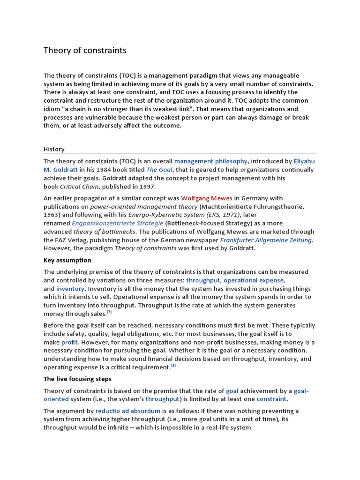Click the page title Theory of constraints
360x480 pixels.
tap(85, 50)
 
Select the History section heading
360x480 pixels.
tap(54, 149)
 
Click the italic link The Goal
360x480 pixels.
tap(159, 170)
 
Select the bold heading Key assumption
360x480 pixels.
tap(67, 260)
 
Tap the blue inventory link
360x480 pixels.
tap(70, 289)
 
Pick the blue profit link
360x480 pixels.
tap(69, 342)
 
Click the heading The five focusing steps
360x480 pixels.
tap(77, 379)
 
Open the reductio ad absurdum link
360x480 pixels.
tap(127, 411)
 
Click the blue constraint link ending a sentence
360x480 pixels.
tap(271, 399)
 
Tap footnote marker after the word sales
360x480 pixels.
tap(109, 312)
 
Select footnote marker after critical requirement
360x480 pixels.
tap(173, 366)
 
